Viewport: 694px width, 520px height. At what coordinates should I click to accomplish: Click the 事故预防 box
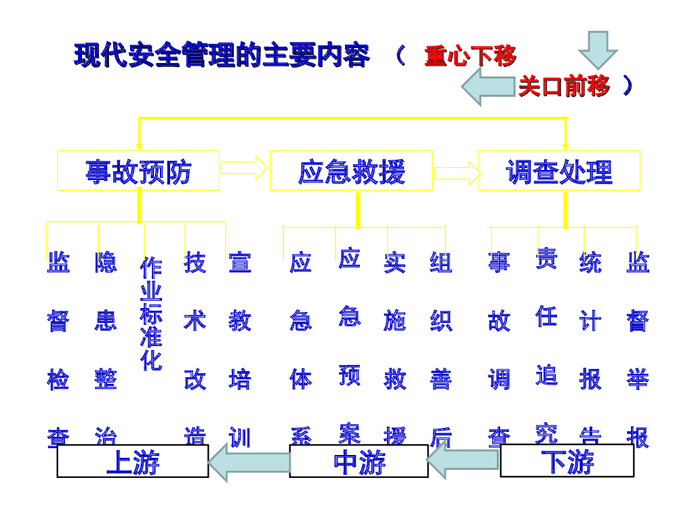tap(138, 171)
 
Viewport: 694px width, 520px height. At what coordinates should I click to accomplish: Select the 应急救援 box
tap(351, 171)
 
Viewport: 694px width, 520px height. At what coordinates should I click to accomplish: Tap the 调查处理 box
tap(559, 171)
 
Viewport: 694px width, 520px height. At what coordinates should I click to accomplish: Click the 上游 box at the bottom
tap(132, 462)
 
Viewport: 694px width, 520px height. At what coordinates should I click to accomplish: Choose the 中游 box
tap(359, 462)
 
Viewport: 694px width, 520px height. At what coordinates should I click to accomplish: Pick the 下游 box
tap(567, 461)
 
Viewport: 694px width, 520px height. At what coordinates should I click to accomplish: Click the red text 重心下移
tap(470, 56)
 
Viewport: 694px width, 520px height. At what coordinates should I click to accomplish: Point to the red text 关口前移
tap(564, 87)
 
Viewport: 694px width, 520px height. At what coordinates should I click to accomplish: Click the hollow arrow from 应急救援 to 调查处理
tap(456, 173)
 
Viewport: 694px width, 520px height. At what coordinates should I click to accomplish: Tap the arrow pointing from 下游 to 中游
tap(464, 462)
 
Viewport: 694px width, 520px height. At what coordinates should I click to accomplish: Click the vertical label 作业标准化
tap(151, 314)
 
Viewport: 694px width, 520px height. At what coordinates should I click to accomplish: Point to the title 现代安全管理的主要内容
tap(222, 56)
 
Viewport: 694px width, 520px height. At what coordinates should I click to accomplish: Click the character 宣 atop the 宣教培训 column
tap(240, 263)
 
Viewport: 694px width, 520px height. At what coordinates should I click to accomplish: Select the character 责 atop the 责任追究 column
tap(546, 258)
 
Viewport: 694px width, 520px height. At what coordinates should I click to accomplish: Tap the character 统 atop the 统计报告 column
tap(590, 263)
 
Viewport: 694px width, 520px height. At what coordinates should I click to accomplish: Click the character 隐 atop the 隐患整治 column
tap(106, 263)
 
